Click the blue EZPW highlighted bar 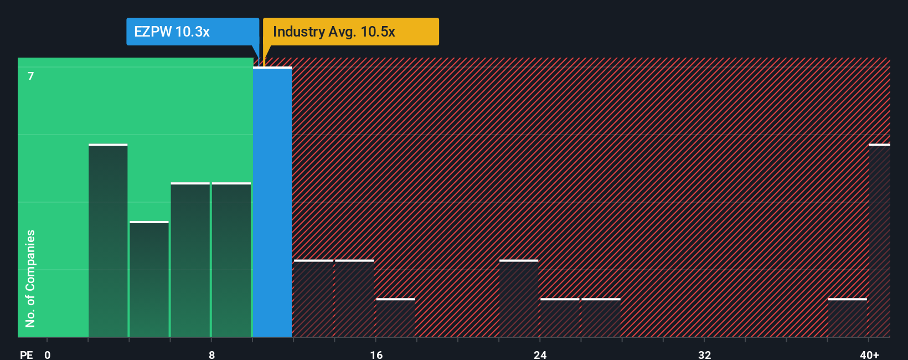tap(272, 202)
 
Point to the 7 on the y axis tap(31, 76)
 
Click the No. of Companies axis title tap(30, 278)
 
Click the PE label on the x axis tap(27, 354)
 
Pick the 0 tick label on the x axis tap(48, 354)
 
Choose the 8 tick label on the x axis tap(211, 354)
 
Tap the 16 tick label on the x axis tap(376, 354)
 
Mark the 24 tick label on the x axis tap(540, 354)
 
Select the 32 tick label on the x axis tap(704, 354)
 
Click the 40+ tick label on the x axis tap(869, 354)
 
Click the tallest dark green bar tap(108, 241)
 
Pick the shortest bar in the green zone tap(149, 279)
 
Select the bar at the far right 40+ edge tap(879, 241)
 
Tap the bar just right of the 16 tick tap(395, 318)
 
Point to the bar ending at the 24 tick tap(519, 299)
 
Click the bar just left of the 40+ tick tap(847, 318)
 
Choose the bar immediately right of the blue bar tap(313, 299)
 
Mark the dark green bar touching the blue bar tap(231, 260)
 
